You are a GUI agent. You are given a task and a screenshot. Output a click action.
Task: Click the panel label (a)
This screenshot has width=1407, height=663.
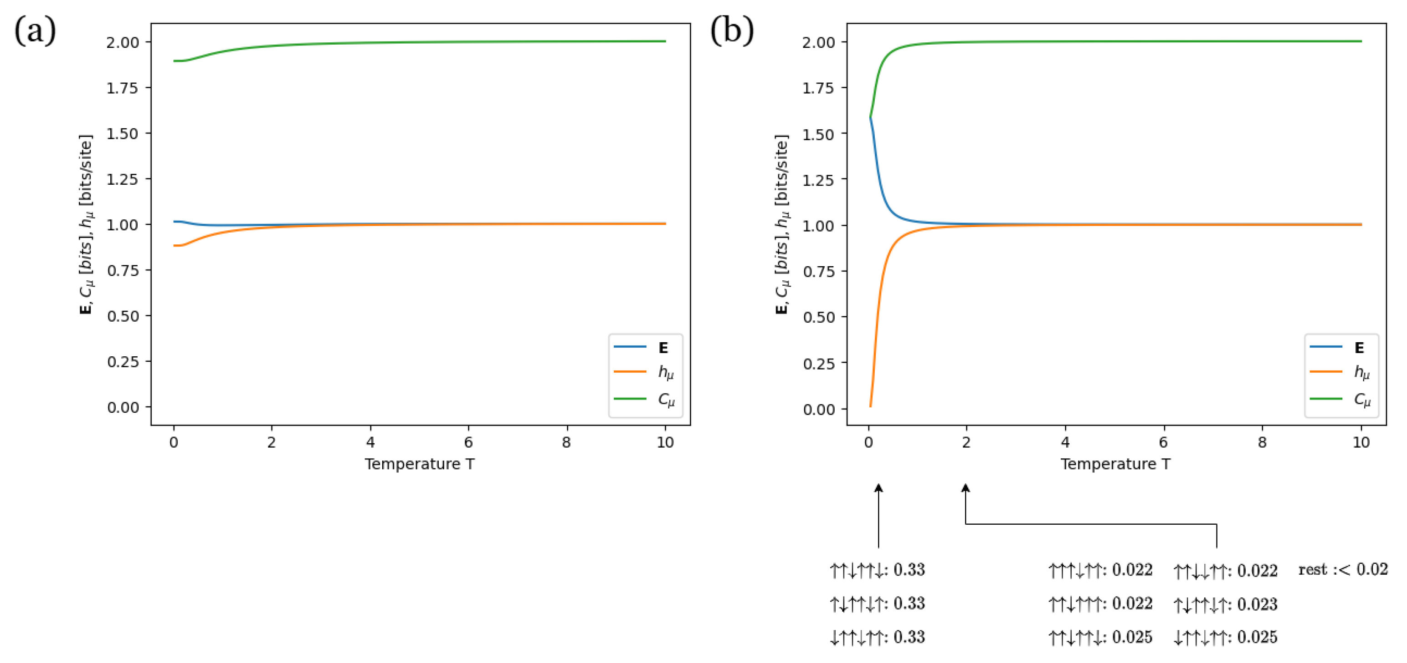point(35,30)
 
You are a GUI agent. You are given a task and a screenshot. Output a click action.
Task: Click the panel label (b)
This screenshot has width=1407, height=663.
point(732,30)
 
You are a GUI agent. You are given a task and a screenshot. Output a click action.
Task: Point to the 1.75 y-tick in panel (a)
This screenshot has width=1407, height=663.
point(123,88)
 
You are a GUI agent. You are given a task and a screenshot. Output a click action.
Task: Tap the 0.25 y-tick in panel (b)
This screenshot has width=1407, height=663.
point(818,364)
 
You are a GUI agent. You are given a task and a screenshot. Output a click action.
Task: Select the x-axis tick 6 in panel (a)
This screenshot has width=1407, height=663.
point(468,443)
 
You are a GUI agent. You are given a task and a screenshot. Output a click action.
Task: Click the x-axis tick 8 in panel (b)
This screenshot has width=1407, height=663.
point(1262,443)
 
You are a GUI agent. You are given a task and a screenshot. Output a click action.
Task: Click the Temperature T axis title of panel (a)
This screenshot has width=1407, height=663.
point(420,464)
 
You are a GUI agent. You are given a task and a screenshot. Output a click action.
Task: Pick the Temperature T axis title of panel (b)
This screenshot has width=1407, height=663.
point(1115,464)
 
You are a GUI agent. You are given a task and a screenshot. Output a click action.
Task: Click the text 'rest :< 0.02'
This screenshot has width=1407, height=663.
point(1343,570)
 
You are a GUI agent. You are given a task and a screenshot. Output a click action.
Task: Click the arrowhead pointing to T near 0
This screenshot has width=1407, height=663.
point(878,488)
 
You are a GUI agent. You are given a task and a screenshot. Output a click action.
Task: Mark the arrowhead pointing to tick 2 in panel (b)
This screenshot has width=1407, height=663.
point(965,488)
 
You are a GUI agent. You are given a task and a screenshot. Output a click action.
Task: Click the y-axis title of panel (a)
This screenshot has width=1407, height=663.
point(86,224)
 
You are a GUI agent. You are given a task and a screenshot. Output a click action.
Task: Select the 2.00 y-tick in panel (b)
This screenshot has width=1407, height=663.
point(818,43)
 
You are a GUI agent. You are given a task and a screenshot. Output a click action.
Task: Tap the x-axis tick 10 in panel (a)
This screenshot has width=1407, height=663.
point(665,443)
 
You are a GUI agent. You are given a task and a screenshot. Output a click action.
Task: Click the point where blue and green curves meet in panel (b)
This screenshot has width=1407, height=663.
point(870,117)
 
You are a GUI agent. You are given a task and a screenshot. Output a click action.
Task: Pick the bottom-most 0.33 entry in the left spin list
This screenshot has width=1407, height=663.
point(909,638)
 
